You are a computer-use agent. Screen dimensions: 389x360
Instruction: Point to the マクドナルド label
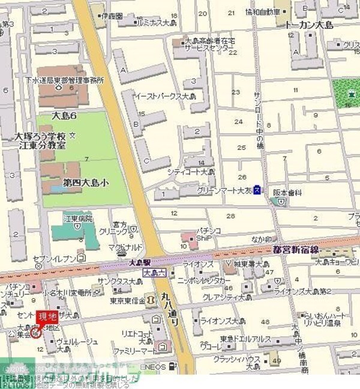pyautogui.click(x=125, y=247)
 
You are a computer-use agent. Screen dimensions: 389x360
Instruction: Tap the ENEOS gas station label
pyautogui.click(x=154, y=366)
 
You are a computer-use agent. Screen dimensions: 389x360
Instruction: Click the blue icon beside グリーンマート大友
pyautogui.click(x=257, y=190)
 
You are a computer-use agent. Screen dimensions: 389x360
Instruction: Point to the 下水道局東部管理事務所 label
pyautogui.click(x=64, y=80)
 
